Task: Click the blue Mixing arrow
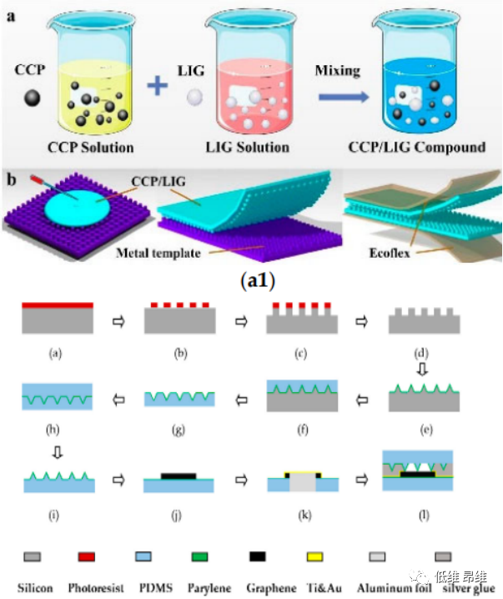[x=343, y=96]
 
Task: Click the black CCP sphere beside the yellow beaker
[x=32, y=99]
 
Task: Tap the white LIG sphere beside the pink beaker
[x=194, y=99]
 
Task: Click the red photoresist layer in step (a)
[x=56, y=305]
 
